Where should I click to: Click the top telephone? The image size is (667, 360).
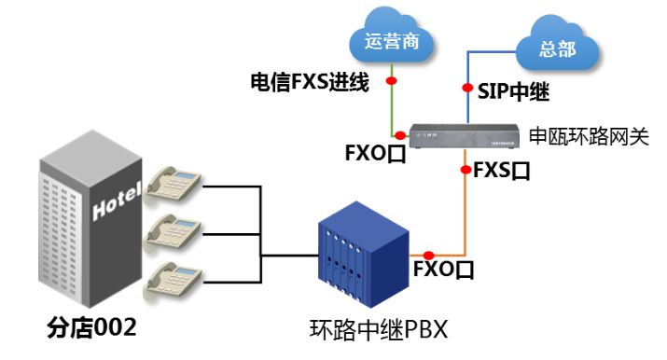click(x=176, y=185)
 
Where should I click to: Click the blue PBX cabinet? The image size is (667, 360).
click(x=362, y=254)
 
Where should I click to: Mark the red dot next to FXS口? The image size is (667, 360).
click(x=465, y=170)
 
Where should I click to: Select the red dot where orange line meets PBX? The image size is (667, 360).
click(x=428, y=255)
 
